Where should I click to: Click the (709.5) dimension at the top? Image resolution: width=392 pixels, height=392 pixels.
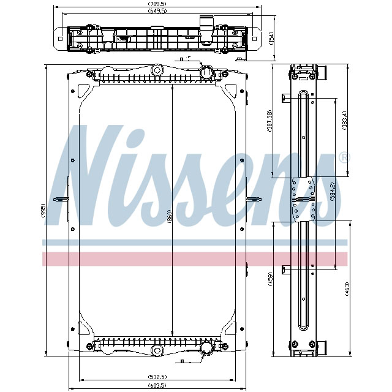tap(158, 4)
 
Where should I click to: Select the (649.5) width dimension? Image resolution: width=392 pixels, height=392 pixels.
tap(158, 12)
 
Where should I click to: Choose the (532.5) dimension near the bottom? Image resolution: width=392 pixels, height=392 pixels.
tap(157, 376)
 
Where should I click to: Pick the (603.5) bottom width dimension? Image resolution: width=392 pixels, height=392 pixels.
tap(157, 387)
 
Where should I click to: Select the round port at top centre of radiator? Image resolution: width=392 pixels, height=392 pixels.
tap(157, 70)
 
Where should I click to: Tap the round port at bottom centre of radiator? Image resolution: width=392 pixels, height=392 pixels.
tap(157, 352)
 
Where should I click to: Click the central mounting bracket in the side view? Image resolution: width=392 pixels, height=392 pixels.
tap(304, 199)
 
